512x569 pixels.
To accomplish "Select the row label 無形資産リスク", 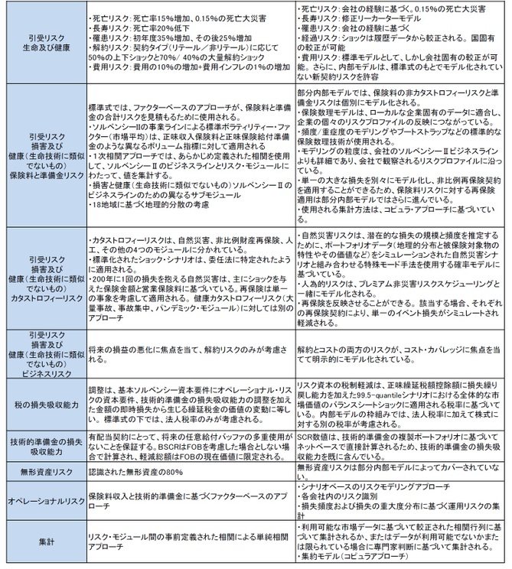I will [42, 467].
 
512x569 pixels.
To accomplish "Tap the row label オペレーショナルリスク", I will [42, 499].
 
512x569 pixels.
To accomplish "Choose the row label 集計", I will [42, 541].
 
